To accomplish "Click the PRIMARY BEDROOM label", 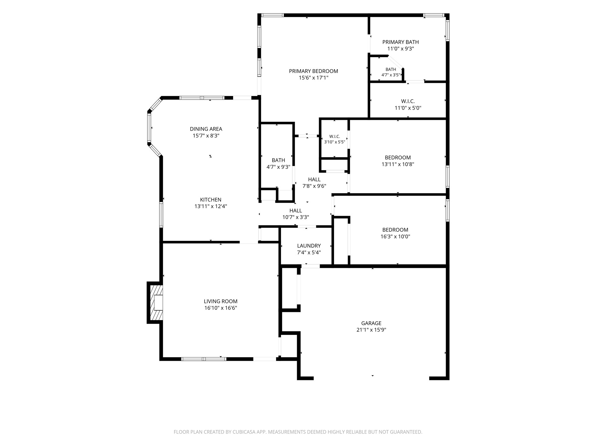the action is pos(314,71).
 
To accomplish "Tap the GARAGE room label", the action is pos(371,323).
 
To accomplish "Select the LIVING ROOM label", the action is pos(221,301).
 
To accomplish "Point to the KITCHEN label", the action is pos(211,200).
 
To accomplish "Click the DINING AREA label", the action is pos(206,129).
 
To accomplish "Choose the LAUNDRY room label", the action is pos(309,246).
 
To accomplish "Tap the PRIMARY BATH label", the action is pos(400,42).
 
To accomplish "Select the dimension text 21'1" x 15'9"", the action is pos(371,330).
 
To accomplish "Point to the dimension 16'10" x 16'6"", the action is pos(221,308).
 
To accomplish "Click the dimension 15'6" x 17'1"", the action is pos(314,78).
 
